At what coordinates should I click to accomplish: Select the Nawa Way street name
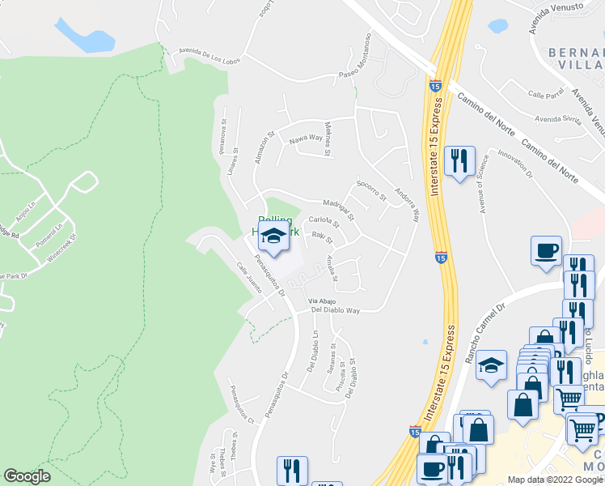(x=307, y=139)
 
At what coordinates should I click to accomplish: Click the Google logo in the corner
(x=27, y=476)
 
